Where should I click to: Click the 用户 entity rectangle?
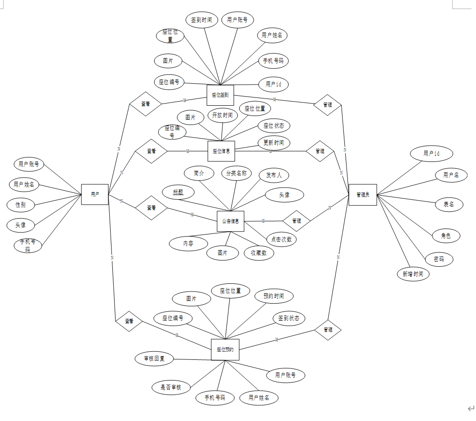(95, 194)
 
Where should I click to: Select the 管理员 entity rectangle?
(363, 195)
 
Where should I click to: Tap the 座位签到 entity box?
(220, 95)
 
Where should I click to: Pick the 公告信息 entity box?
(231, 221)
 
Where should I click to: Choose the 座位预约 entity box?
(225, 349)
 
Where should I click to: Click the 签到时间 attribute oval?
(202, 20)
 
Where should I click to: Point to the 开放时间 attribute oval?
(222, 115)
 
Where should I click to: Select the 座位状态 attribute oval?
(274, 126)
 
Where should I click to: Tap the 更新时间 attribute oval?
(274, 143)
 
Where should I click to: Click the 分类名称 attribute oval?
(236, 174)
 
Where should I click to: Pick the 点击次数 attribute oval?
(281, 239)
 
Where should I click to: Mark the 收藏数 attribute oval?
(259, 253)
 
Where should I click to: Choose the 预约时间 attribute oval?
(274, 296)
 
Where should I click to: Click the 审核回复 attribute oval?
(154, 358)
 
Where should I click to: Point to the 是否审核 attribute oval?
(171, 387)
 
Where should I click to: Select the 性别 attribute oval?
(21, 205)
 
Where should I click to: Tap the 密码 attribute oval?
(439, 260)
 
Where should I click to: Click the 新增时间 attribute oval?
(413, 274)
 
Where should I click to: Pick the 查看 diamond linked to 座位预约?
(129, 321)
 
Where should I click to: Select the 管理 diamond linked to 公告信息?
(297, 221)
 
